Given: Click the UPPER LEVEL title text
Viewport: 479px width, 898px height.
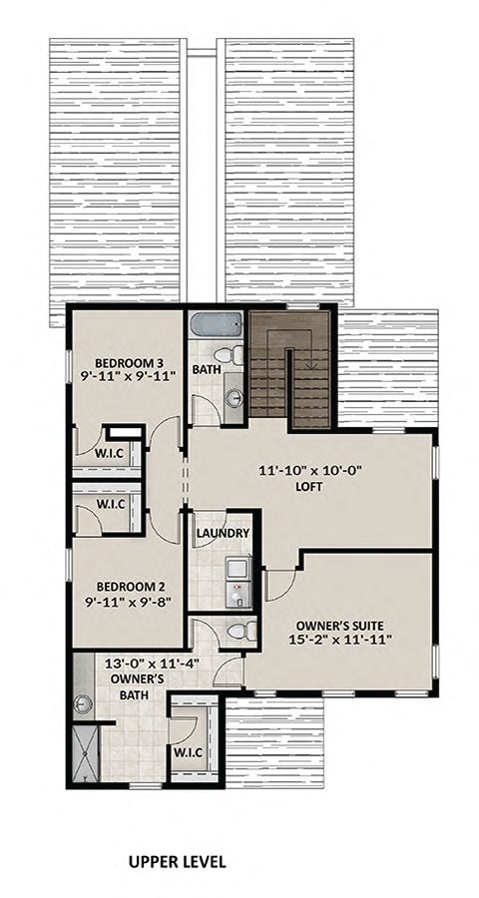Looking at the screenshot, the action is click(177, 861).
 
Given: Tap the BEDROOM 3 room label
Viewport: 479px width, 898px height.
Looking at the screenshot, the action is click(130, 362).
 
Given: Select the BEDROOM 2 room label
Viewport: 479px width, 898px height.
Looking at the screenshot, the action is click(131, 587).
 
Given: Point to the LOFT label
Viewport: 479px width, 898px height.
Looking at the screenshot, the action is click(310, 487).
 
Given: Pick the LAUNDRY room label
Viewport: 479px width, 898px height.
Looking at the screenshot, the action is click(223, 533).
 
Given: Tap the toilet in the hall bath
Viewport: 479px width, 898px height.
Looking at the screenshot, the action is click(233, 355).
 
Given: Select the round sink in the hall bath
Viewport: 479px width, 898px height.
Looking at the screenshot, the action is click(235, 397).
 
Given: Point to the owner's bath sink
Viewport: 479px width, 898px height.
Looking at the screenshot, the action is click(82, 702).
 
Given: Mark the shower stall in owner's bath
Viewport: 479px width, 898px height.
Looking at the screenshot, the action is click(86, 753).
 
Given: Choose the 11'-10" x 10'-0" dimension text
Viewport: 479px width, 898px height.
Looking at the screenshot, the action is click(310, 471).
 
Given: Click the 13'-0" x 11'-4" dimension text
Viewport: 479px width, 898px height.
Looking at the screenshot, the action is click(152, 665).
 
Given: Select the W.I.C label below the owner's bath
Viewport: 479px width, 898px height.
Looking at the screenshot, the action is click(189, 752).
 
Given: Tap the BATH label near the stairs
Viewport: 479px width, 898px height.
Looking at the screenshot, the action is click(207, 370).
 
